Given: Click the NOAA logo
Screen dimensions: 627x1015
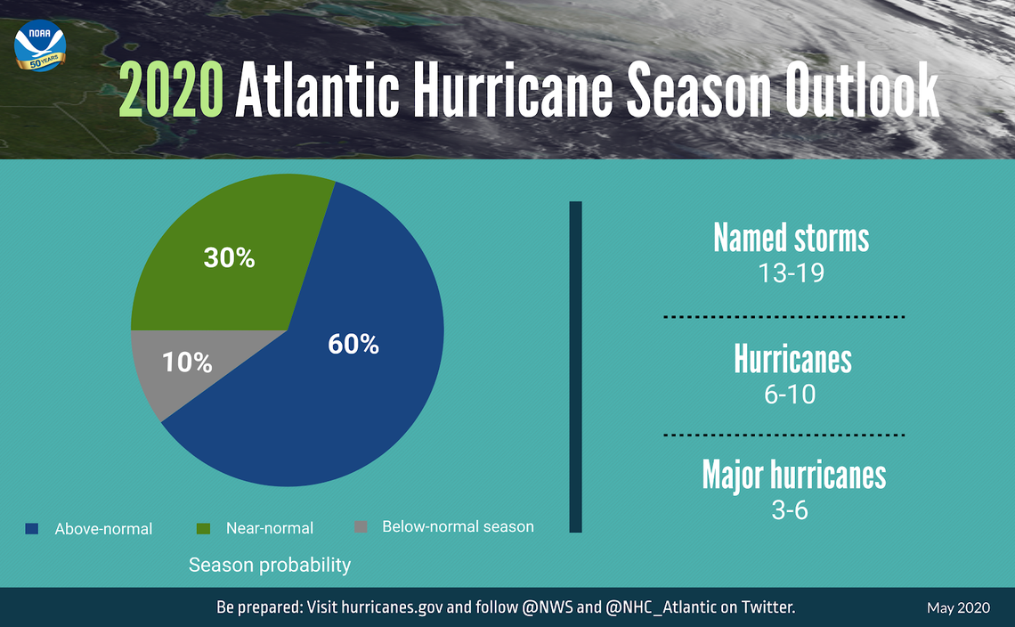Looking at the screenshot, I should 40,50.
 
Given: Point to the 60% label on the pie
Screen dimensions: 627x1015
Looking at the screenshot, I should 353,344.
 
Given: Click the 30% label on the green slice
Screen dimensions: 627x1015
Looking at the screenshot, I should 229,258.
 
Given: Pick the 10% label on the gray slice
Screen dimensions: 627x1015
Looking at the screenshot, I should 187,362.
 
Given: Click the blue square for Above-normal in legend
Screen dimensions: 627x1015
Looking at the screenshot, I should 33,528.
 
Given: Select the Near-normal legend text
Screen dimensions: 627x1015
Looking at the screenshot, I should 269,528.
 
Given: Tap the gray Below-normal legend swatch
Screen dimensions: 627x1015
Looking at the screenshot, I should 361,526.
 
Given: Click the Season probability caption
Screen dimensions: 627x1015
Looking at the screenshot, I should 269,566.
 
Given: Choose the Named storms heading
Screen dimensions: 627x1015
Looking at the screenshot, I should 791,238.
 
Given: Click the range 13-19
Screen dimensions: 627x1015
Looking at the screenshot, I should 790,273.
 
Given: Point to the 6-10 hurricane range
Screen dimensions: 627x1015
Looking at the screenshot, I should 790,394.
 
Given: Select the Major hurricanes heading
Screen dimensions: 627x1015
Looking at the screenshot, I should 793,475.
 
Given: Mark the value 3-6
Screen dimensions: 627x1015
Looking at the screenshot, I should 790,510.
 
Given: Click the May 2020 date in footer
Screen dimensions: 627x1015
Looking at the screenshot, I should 958,608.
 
